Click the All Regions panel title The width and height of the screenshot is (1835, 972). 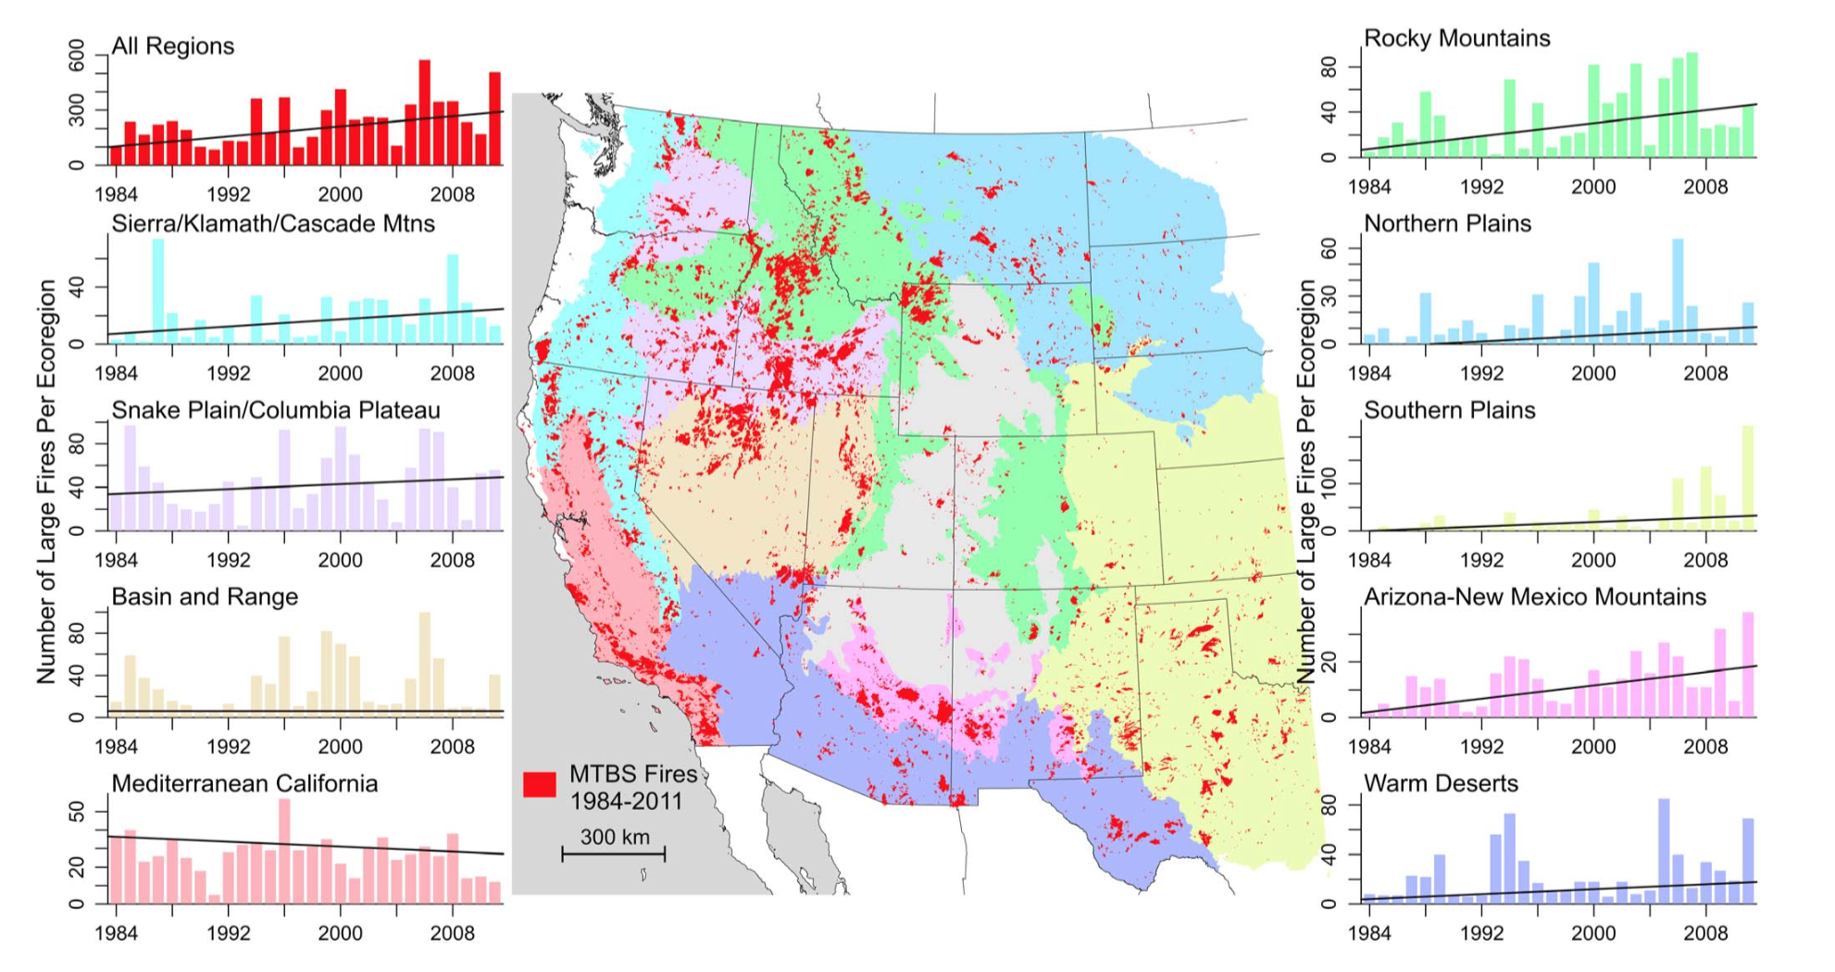click(172, 46)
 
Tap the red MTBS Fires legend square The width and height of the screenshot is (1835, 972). click(539, 785)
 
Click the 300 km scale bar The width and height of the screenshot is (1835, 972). click(613, 853)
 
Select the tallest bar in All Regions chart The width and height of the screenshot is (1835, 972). click(424, 112)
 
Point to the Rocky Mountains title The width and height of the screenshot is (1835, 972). click(1456, 38)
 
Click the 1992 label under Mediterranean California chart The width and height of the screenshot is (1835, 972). click(228, 933)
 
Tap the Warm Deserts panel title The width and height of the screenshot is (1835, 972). click(1441, 783)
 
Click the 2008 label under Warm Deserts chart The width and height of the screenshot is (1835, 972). click(1704, 933)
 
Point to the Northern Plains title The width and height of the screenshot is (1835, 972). click(1447, 223)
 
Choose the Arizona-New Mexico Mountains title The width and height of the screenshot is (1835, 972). click(1534, 596)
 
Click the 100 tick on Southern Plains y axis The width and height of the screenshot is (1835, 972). click(1331, 483)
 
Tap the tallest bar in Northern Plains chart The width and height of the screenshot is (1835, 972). click(1677, 292)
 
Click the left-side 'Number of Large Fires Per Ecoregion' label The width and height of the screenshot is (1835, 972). click(46, 481)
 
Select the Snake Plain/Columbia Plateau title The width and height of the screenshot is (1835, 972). click(276, 410)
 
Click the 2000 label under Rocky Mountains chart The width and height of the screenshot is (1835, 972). click(1592, 187)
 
